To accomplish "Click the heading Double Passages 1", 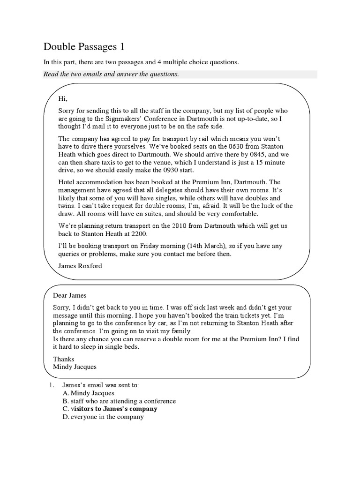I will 84,47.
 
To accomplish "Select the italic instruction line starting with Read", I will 111,74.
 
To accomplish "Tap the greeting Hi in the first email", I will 63,98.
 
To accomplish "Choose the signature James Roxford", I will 80,266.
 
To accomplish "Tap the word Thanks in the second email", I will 64,359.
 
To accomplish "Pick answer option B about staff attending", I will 119,401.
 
